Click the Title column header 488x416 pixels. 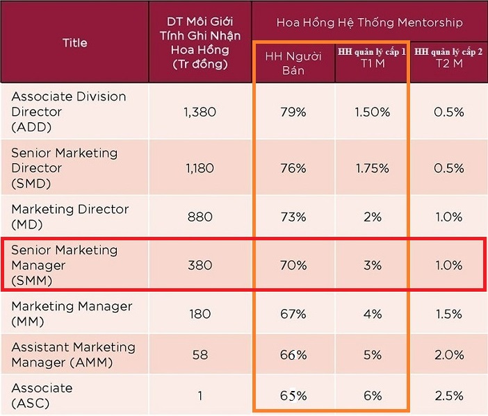(x=74, y=43)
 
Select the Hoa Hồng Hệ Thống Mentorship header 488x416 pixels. (x=369, y=22)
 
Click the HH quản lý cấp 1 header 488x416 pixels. (x=372, y=58)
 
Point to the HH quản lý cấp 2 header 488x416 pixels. (x=448, y=58)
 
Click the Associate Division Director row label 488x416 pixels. (x=68, y=112)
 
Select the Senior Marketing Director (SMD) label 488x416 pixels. (x=64, y=168)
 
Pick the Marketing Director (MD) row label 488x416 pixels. (x=70, y=216)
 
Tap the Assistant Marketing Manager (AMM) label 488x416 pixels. (x=73, y=354)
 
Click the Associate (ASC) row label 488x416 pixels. (x=42, y=395)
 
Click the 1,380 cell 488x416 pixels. (x=200, y=112)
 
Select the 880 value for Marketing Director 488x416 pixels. (x=200, y=217)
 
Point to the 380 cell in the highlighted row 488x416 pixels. (x=200, y=265)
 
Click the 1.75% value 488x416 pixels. (x=372, y=168)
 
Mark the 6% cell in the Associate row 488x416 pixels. (x=372, y=396)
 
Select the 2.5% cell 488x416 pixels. (x=448, y=396)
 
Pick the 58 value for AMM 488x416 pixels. (x=200, y=355)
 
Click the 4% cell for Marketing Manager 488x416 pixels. (x=372, y=314)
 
